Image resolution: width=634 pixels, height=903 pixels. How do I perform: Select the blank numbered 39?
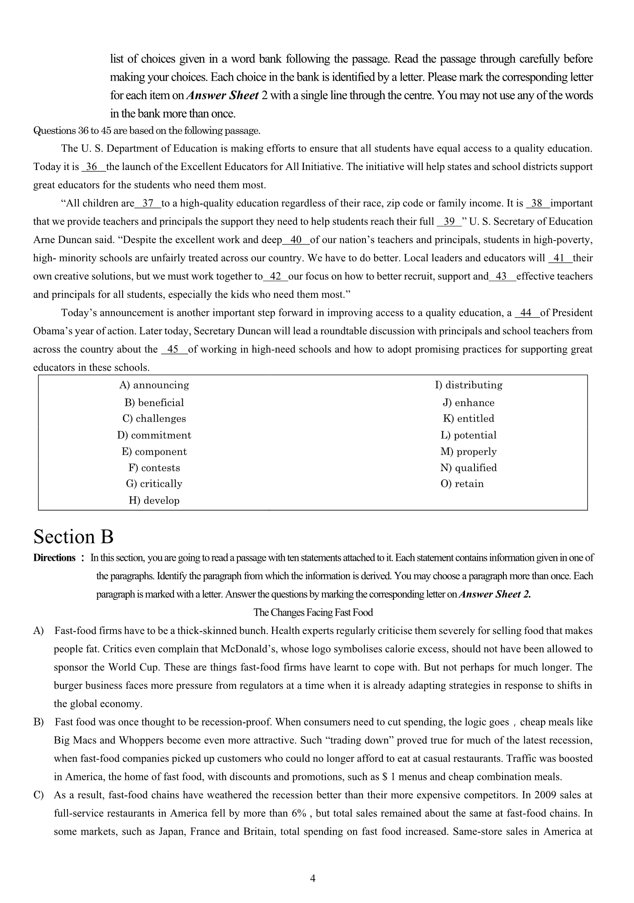tap(450, 222)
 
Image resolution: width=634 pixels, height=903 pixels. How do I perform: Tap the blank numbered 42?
tap(276, 276)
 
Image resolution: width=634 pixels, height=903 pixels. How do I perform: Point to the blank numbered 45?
tap(174, 350)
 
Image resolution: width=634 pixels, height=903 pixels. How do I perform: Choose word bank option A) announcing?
tap(154, 385)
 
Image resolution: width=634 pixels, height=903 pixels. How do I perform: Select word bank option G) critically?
tap(154, 484)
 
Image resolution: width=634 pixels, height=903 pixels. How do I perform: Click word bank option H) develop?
tap(154, 500)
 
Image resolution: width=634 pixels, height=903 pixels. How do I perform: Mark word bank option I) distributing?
tap(469, 385)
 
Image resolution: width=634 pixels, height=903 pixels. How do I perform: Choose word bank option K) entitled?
tap(469, 418)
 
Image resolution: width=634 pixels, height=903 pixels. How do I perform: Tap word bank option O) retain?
tap(462, 484)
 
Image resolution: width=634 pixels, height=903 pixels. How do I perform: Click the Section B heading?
tap(73, 537)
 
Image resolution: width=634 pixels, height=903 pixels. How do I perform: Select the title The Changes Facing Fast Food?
tap(313, 613)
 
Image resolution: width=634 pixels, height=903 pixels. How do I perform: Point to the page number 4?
tap(313, 878)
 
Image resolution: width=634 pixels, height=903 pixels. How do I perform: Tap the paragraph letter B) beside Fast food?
tap(39, 722)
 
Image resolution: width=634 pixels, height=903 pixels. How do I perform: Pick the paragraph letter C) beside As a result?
tap(39, 795)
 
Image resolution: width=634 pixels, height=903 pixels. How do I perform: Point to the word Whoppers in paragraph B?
tap(142, 740)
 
